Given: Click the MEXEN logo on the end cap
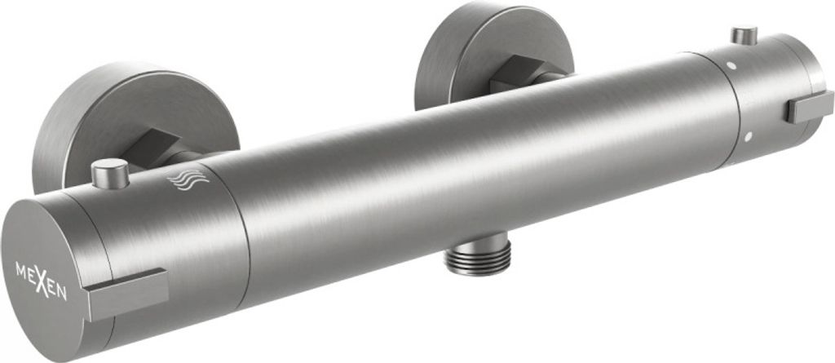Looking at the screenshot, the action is (41, 281).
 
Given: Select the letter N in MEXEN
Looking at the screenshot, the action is (61, 293).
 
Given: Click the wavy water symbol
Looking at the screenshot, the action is (188, 179).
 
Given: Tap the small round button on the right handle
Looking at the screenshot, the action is (744, 35).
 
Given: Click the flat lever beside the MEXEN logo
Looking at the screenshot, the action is (126, 294).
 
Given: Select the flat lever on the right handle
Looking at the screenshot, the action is (810, 107).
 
